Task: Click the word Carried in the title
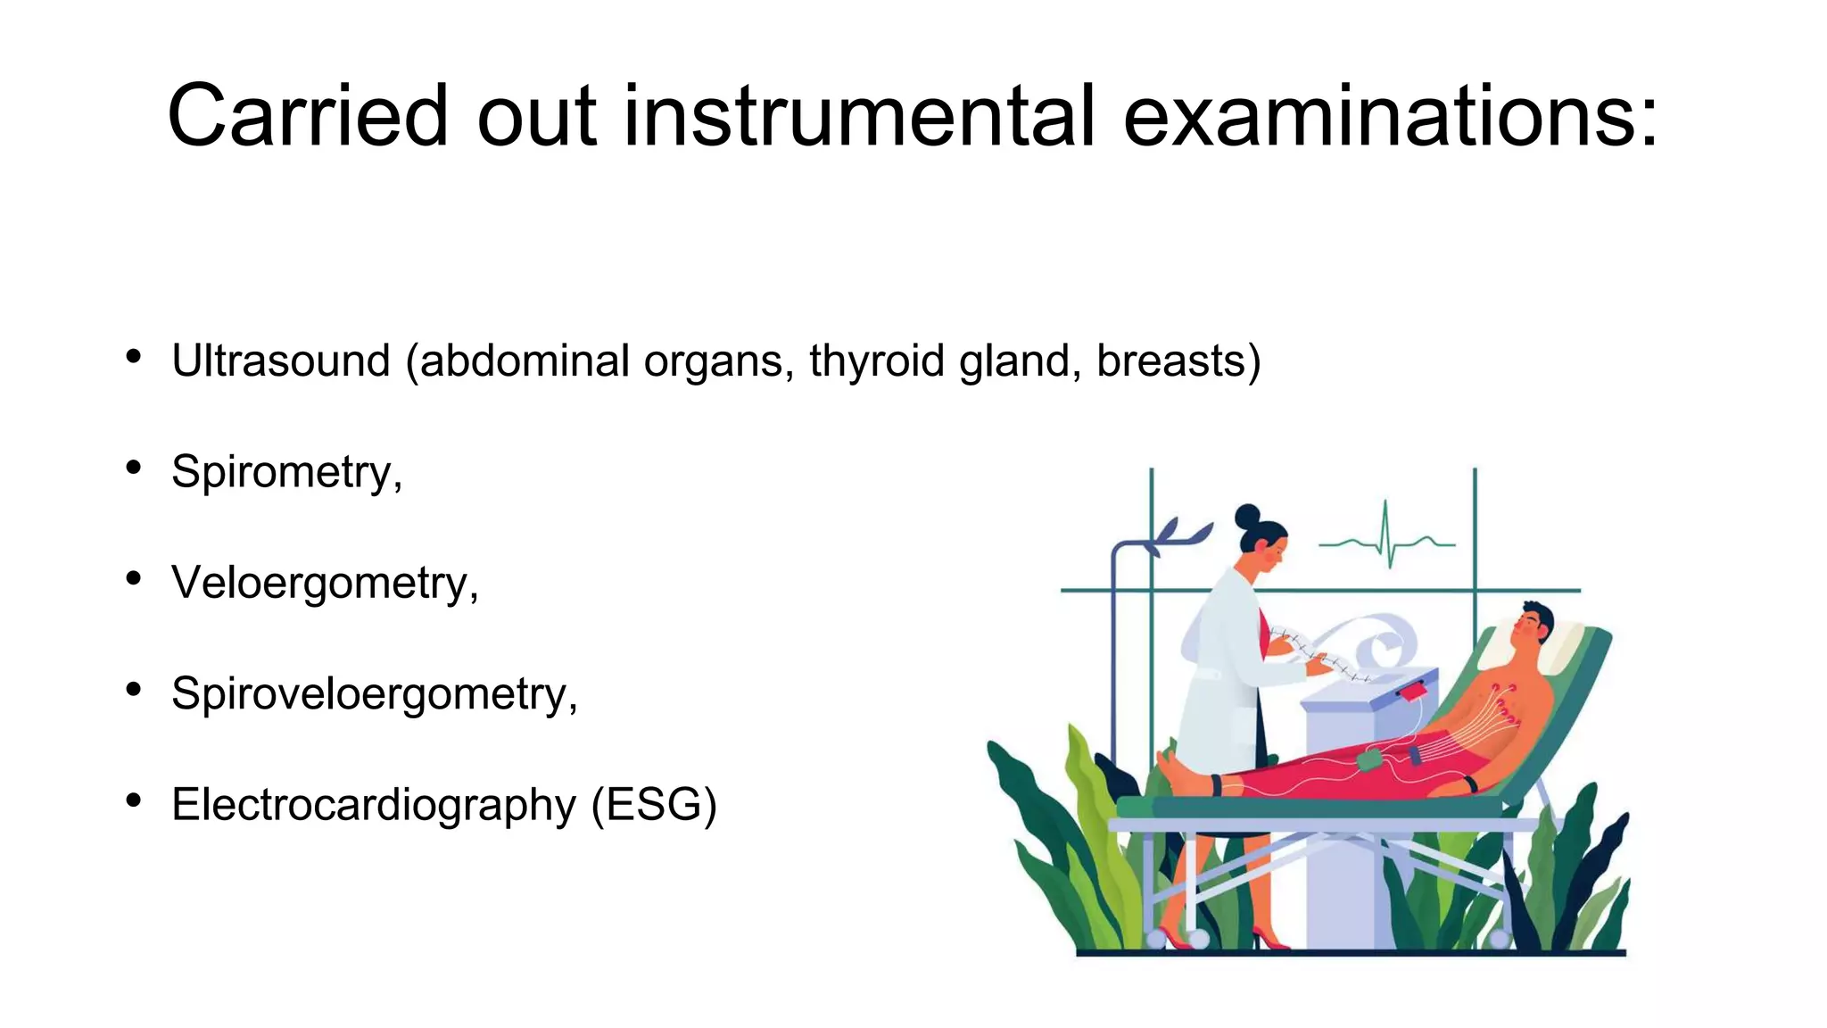pyautogui.click(x=306, y=116)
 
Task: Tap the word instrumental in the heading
pyautogui.click(x=858, y=116)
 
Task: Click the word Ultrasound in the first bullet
pyautogui.click(x=280, y=361)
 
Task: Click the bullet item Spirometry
pyautogui.click(x=285, y=472)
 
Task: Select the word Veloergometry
pyautogui.click(x=324, y=583)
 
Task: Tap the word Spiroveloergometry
pyautogui.click(x=374, y=693)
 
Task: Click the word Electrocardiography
pyautogui.click(x=373, y=805)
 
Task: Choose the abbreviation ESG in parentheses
pyautogui.click(x=654, y=805)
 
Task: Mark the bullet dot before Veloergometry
pyautogui.click(x=134, y=578)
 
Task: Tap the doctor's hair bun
pyautogui.click(x=1247, y=517)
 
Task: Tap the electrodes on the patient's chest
pyautogui.click(x=1503, y=705)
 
